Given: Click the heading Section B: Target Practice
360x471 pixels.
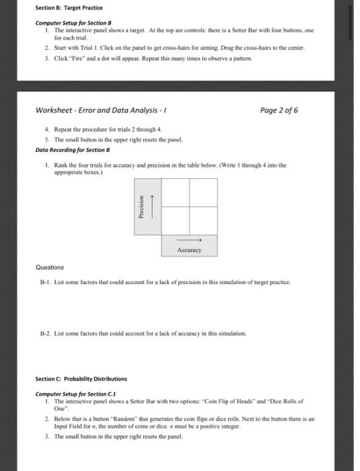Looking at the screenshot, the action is (69, 8).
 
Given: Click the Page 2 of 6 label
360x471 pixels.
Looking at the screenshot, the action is (279, 110).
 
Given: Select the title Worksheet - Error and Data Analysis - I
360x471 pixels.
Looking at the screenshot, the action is (101, 110).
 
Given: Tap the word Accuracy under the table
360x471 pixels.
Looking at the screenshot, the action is (189, 250).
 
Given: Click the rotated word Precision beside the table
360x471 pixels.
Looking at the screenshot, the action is (141, 207).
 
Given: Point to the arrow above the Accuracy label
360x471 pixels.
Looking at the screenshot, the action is (189, 240).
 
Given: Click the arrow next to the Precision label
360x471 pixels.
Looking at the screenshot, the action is (152, 207).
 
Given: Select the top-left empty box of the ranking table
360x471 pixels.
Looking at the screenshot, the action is (176, 192).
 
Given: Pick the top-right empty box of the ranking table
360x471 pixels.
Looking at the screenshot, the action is (203, 192).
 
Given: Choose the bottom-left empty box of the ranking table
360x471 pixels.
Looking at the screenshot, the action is (176, 221).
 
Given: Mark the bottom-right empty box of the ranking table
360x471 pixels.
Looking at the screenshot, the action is (203, 221).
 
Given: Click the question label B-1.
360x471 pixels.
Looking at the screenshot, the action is (45, 283).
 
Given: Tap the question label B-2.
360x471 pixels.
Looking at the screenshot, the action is (45, 334).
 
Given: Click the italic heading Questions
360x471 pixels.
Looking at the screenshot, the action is (50, 267).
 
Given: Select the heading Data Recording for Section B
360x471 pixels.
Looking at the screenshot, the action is (73, 150).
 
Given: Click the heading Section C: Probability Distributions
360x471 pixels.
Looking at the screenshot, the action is (81, 379).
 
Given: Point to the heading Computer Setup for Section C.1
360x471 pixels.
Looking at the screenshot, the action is (75, 394).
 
